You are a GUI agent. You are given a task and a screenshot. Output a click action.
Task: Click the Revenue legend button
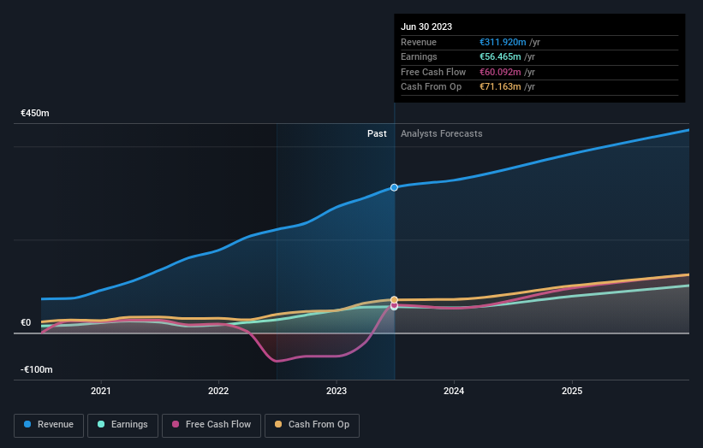coord(49,424)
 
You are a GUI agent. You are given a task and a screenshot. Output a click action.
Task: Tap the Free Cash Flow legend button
coord(211,424)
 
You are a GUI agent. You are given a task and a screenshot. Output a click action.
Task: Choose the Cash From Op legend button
coord(313,424)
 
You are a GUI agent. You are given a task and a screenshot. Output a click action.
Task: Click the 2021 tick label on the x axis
coord(101,392)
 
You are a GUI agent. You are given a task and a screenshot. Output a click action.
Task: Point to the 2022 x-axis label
coord(218,392)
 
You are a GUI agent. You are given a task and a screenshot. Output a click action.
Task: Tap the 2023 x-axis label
coord(337,392)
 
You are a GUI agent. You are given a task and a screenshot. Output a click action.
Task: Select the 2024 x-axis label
coord(454,392)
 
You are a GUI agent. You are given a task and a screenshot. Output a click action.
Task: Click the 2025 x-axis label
coord(571,392)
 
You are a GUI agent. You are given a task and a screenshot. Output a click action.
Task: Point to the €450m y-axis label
coord(36,114)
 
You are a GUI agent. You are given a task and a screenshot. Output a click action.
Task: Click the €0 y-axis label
coord(27,323)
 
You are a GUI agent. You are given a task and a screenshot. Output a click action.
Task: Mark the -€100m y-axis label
coord(37,370)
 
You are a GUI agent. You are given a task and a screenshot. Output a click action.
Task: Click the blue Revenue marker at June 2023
coord(394,187)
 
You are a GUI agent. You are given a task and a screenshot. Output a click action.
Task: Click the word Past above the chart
coord(377,134)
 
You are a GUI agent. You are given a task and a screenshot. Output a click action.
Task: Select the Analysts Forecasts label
coord(441,134)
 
